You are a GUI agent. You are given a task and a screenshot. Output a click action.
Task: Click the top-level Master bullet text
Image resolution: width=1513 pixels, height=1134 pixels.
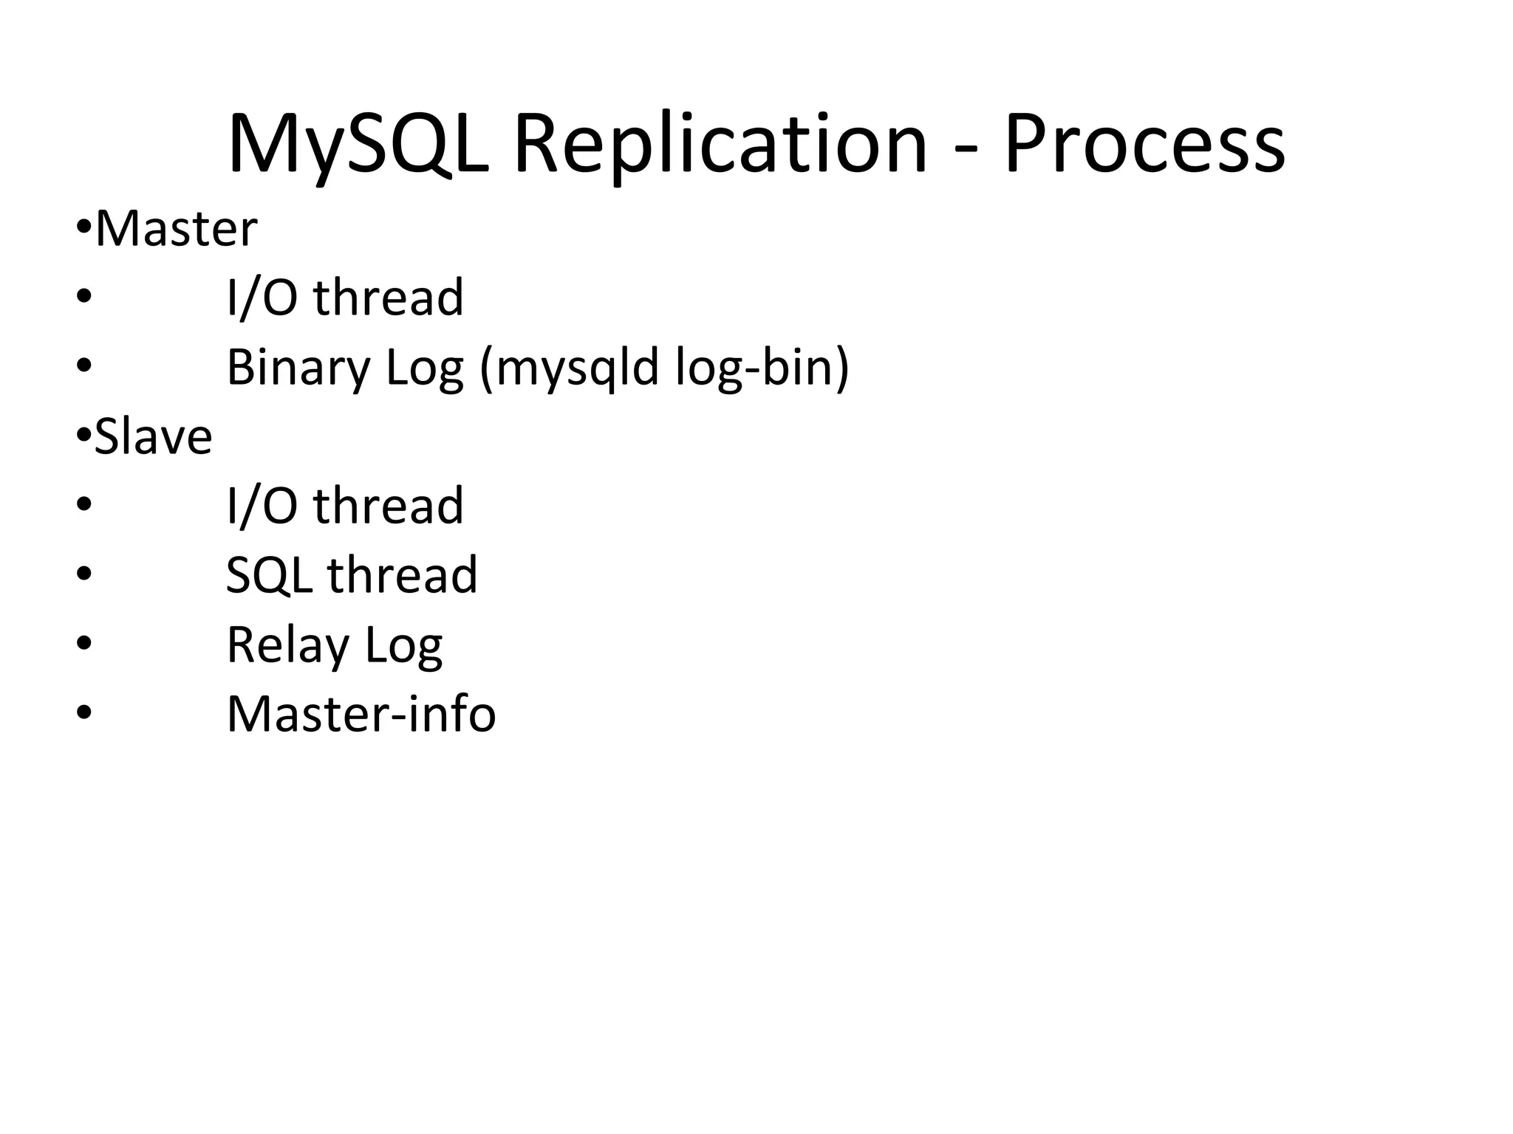176,229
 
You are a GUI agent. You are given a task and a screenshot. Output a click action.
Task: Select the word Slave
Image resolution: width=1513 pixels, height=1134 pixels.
153,437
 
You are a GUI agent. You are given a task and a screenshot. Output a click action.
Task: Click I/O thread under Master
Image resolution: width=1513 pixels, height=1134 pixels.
344,298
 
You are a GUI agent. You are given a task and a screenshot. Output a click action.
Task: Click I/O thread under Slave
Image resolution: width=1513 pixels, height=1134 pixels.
344,506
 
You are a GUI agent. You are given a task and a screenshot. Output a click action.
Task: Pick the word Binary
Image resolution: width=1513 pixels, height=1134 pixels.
298,368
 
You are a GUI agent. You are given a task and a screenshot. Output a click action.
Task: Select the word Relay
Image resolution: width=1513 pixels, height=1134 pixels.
287,645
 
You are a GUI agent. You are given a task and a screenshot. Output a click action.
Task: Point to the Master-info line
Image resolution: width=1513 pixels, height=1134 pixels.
361,715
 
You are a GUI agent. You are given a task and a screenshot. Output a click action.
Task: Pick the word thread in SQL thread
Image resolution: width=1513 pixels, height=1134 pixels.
403,576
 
